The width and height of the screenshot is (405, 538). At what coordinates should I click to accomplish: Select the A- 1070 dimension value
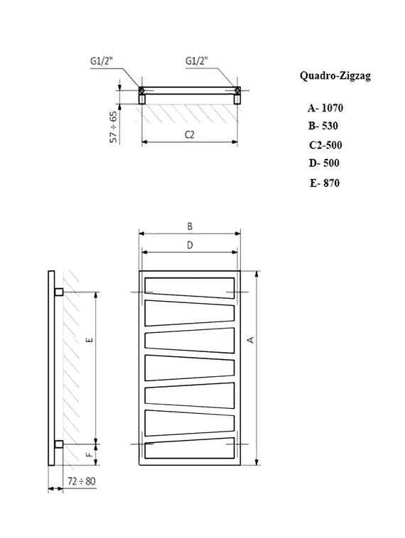(325, 109)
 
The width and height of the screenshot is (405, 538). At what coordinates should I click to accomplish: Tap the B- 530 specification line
(323, 126)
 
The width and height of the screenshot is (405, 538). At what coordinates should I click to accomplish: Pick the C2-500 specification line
(325, 145)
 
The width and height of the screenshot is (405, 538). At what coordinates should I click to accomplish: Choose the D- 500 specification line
(324, 163)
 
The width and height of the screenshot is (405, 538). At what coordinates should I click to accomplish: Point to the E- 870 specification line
(325, 182)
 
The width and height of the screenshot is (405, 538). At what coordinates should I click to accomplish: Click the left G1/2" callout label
(102, 61)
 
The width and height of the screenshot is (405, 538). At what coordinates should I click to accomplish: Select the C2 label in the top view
(189, 134)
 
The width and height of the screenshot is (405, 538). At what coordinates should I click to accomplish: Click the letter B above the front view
(190, 226)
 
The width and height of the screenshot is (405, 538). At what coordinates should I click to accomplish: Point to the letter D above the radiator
(190, 245)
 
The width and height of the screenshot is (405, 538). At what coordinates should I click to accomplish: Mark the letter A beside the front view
(250, 341)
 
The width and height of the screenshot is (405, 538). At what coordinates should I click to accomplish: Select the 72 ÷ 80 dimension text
(82, 481)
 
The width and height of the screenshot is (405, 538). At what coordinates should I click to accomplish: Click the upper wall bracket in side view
(58, 292)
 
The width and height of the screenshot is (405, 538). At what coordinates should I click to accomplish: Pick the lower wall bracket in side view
(58, 444)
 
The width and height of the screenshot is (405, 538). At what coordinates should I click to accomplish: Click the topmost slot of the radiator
(190, 285)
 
